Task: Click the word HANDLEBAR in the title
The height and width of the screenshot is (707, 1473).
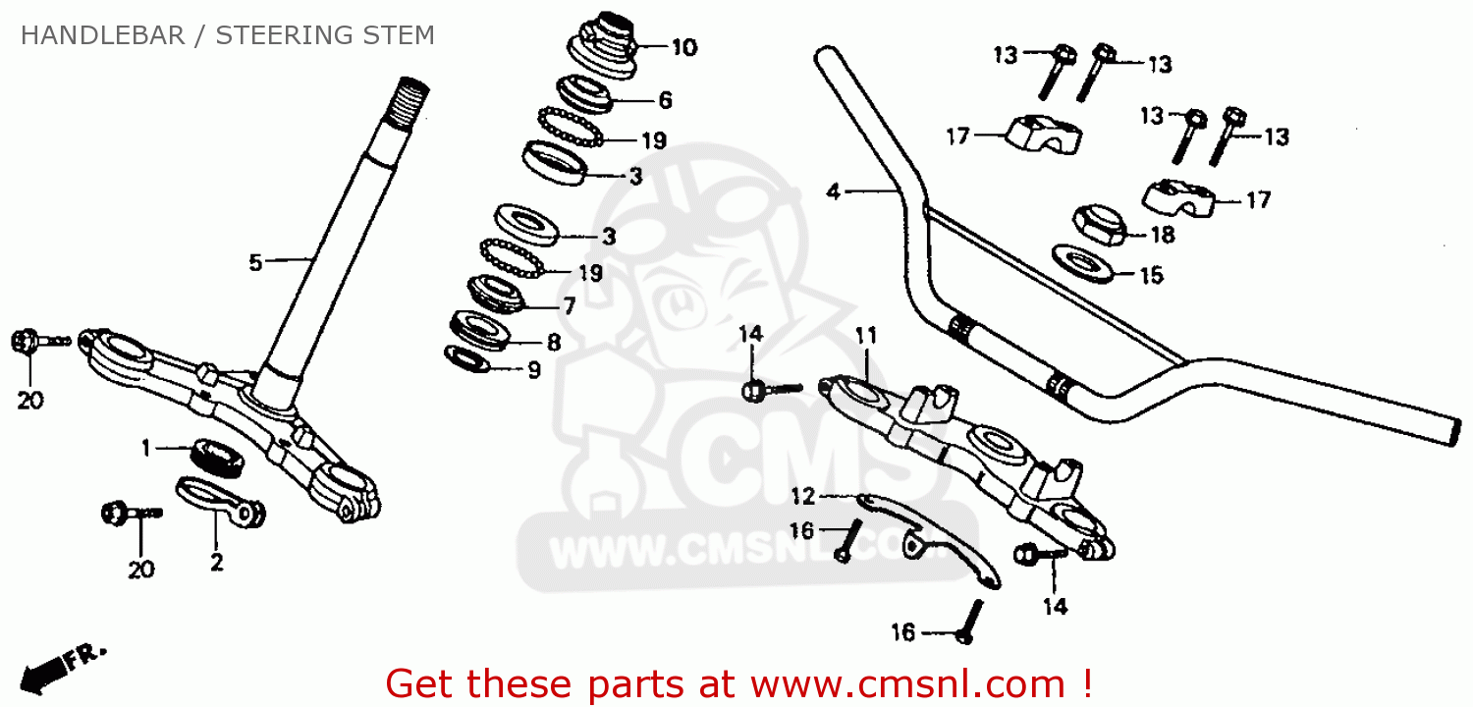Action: pyautogui.click(x=102, y=36)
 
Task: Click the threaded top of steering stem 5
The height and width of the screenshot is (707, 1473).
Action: pyautogui.click(x=409, y=98)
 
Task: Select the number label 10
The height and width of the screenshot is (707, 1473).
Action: pyautogui.click(x=683, y=47)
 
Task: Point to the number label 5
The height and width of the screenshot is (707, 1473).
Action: pyautogui.click(x=255, y=262)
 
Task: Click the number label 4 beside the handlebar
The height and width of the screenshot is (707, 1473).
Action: pyautogui.click(x=833, y=191)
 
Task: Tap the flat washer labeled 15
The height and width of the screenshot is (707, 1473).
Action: pyautogui.click(x=1083, y=263)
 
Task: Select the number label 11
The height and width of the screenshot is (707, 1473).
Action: pyautogui.click(x=864, y=336)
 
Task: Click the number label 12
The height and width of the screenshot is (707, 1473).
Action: pyautogui.click(x=803, y=495)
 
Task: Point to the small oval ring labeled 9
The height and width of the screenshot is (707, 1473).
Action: pyautogui.click(x=469, y=359)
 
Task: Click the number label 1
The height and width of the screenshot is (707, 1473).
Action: pyautogui.click(x=146, y=449)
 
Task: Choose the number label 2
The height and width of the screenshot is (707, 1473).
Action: pyautogui.click(x=216, y=563)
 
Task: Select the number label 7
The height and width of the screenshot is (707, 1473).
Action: pyautogui.click(x=567, y=306)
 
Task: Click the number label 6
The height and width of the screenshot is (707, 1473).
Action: pyautogui.click(x=665, y=99)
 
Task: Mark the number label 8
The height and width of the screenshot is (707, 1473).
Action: pyautogui.click(x=554, y=343)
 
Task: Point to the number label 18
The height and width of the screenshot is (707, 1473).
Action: pyautogui.click(x=1162, y=235)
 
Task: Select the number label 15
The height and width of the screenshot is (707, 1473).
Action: pyautogui.click(x=1150, y=275)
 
